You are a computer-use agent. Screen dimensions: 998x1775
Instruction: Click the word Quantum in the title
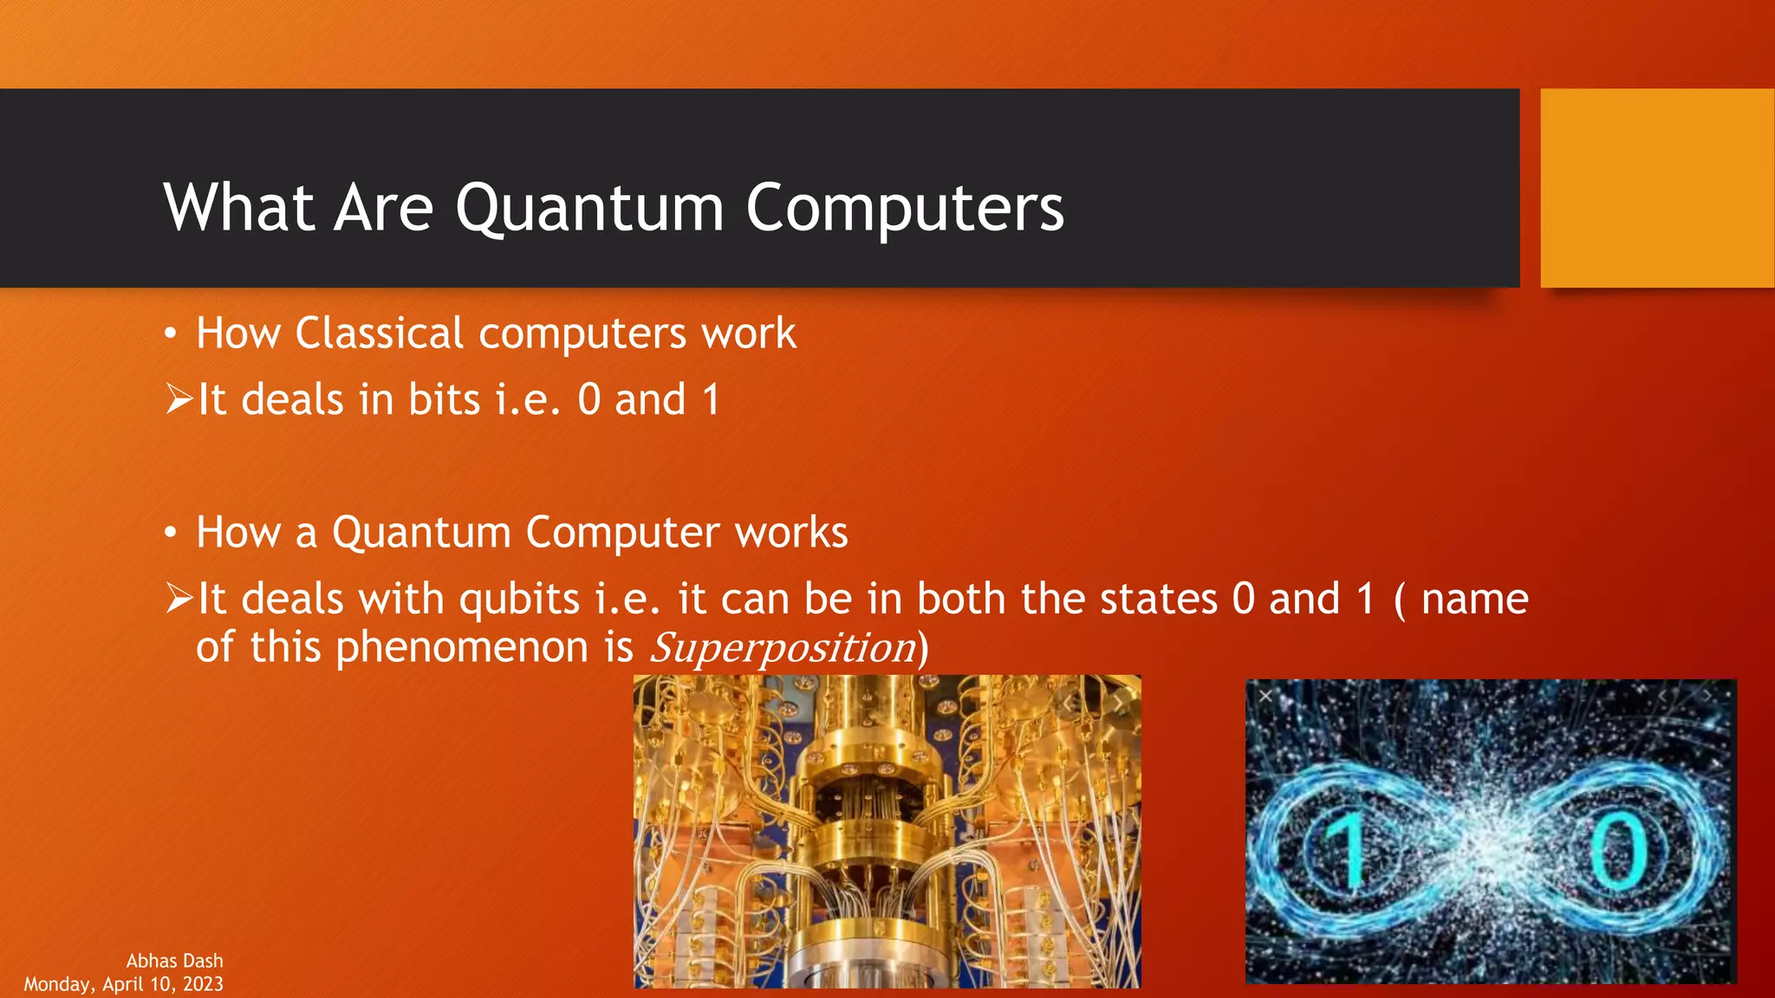point(589,209)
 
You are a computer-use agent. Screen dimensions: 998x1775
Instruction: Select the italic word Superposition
point(783,648)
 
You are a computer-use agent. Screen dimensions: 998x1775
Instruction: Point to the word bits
point(444,400)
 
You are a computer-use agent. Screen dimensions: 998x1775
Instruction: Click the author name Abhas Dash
point(174,961)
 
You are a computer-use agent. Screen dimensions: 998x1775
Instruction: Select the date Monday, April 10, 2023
point(124,984)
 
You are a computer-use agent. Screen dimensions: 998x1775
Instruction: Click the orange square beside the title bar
point(1656,188)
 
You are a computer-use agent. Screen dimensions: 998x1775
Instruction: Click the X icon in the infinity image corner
point(1265,697)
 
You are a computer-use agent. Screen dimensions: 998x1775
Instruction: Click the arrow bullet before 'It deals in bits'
point(179,400)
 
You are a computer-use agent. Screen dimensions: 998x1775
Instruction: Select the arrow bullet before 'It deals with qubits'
point(179,599)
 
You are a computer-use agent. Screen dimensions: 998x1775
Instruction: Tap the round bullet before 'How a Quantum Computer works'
point(171,533)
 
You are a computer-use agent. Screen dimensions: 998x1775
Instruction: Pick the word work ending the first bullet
point(749,334)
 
